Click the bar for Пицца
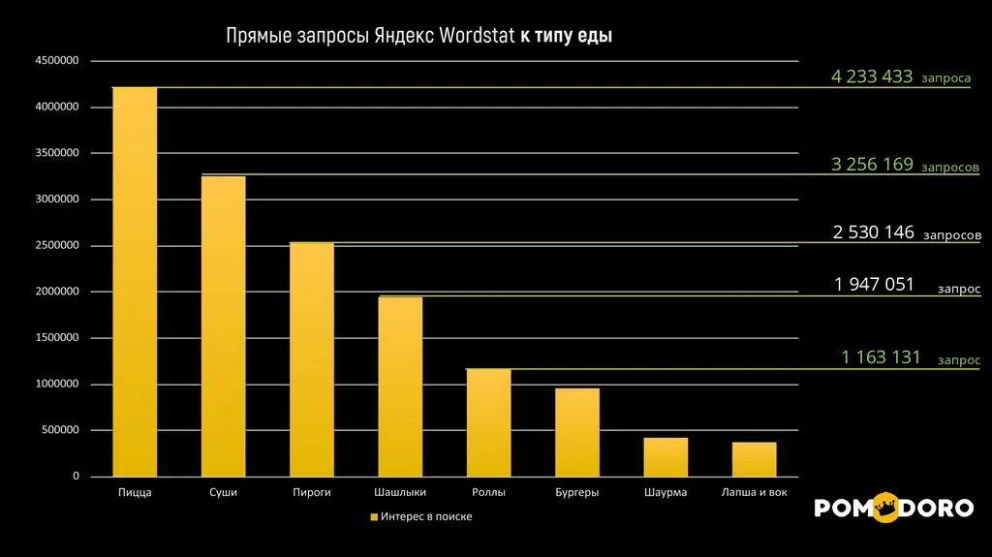135,282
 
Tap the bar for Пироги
312,359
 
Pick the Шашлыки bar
400,387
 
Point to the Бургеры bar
577,432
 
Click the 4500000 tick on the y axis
56,60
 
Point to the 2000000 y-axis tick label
56,292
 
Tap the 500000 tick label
59,431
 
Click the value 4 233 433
872,77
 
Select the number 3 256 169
872,165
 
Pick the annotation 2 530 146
873,232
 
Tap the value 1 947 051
874,284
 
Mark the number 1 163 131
881,357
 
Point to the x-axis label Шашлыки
400,493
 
